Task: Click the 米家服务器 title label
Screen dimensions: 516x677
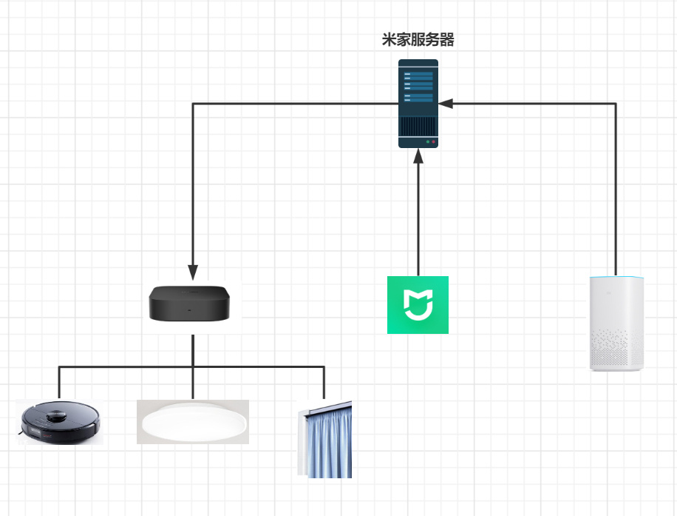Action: coord(418,41)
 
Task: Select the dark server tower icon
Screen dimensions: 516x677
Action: coord(418,103)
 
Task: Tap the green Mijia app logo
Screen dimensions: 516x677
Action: coord(418,304)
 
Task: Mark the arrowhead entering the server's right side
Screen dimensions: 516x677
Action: coord(446,104)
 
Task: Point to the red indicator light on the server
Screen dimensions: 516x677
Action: coord(434,141)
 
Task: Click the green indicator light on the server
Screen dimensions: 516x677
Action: coord(427,141)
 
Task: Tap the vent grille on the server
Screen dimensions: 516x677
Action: coord(418,124)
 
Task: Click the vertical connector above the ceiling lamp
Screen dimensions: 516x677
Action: coord(193,383)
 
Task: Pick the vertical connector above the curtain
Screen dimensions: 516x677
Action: coord(324,383)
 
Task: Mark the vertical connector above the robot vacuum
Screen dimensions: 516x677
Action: coord(59,383)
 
